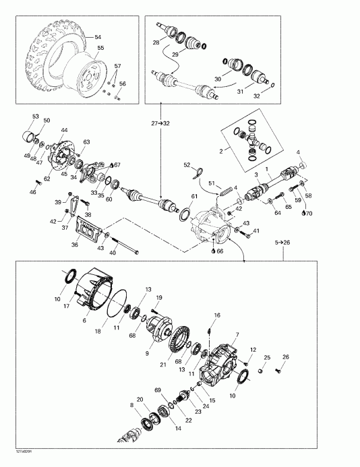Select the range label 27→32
pyautogui.click(x=161, y=123)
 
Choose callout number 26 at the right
pyautogui.click(x=285, y=357)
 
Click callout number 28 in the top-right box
pyautogui.click(x=156, y=42)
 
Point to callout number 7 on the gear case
pyautogui.click(x=237, y=335)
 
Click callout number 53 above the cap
pyautogui.click(x=35, y=117)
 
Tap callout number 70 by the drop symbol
pyautogui.click(x=309, y=213)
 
